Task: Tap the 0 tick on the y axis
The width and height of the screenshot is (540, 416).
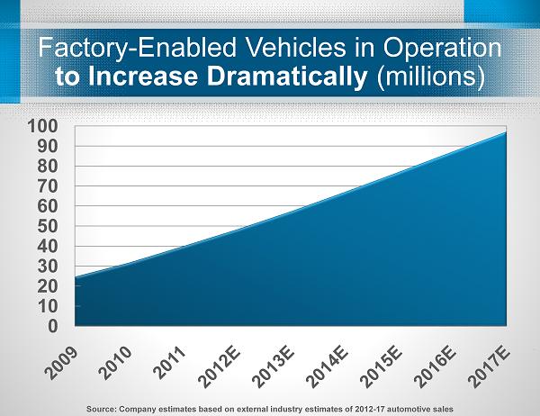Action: click(x=54, y=325)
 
